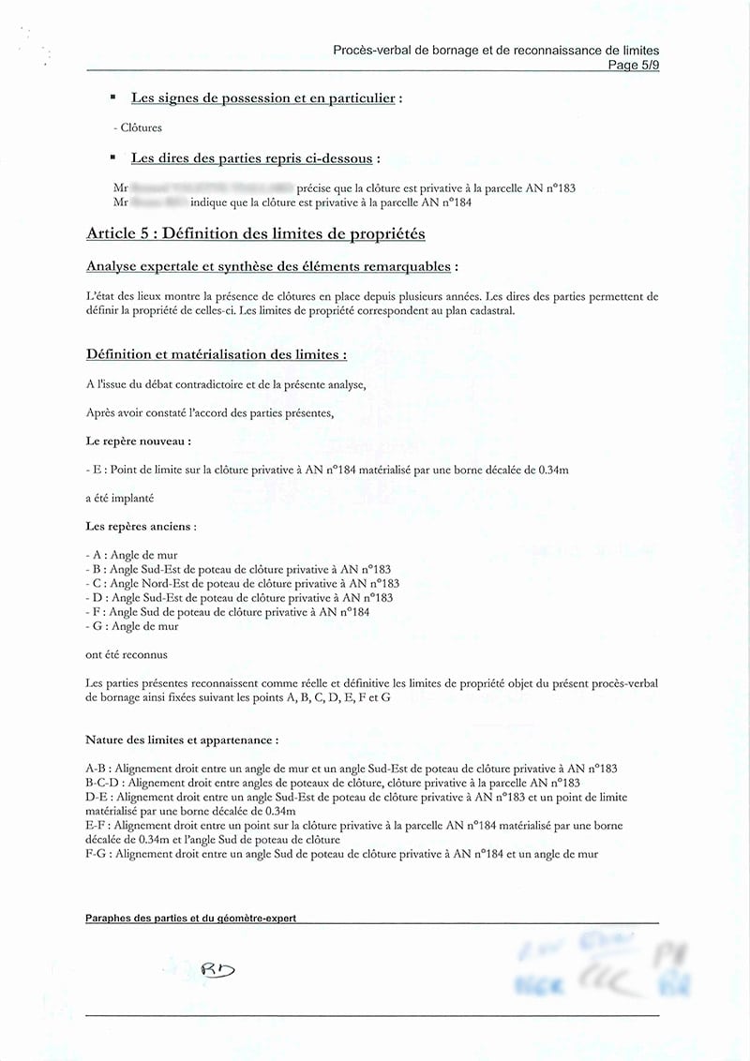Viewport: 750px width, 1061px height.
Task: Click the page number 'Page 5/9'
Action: click(633, 65)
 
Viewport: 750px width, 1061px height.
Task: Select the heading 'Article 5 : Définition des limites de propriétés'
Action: click(255, 233)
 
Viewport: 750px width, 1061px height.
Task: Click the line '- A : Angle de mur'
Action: click(131, 555)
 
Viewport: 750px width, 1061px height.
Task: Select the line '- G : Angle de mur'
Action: click(131, 626)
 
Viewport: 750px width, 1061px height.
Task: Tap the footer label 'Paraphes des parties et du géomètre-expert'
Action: click(190, 919)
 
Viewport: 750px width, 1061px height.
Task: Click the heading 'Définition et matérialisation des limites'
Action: click(217, 354)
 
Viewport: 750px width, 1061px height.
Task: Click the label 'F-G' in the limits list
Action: click(96, 854)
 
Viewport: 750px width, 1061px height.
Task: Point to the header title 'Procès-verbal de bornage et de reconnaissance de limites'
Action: click(496, 50)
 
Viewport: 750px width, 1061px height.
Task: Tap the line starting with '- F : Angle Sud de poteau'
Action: click(227, 612)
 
